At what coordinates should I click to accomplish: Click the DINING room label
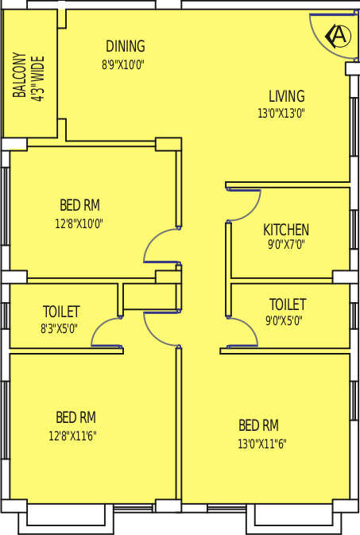[126, 47]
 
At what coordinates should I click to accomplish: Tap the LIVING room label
[286, 96]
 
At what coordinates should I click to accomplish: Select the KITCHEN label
[286, 231]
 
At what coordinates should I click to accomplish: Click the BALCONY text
[20, 76]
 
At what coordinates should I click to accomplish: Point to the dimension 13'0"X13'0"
[281, 114]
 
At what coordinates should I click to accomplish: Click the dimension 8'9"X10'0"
[123, 65]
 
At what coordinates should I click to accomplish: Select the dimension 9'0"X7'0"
[286, 246]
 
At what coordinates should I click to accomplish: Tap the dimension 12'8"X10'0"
[79, 224]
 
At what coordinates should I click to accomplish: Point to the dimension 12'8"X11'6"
[75, 436]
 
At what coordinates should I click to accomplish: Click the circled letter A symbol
[339, 36]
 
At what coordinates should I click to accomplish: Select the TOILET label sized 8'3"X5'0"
[61, 312]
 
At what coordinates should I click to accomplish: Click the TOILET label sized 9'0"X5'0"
[287, 304]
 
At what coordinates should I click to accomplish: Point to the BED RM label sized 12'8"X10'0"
[79, 206]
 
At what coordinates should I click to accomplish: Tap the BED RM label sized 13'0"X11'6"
[258, 425]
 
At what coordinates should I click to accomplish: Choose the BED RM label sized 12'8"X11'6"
[75, 417]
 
